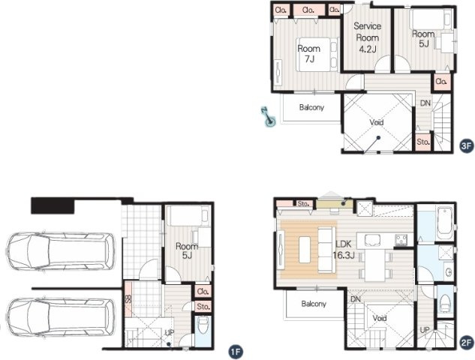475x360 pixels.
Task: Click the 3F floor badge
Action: (x=465, y=146)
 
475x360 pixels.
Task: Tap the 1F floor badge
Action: (x=235, y=349)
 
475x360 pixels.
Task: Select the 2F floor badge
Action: (x=465, y=343)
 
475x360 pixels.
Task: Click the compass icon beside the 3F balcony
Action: (x=266, y=116)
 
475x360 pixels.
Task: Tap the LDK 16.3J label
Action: (x=344, y=250)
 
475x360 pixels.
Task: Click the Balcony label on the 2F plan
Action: (x=313, y=304)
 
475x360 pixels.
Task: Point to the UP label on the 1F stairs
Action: (x=170, y=332)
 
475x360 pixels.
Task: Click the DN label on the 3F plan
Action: (x=425, y=103)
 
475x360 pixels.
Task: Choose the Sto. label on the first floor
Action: (x=202, y=306)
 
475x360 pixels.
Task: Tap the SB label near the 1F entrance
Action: (x=128, y=298)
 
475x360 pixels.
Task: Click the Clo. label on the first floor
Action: (x=202, y=291)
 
